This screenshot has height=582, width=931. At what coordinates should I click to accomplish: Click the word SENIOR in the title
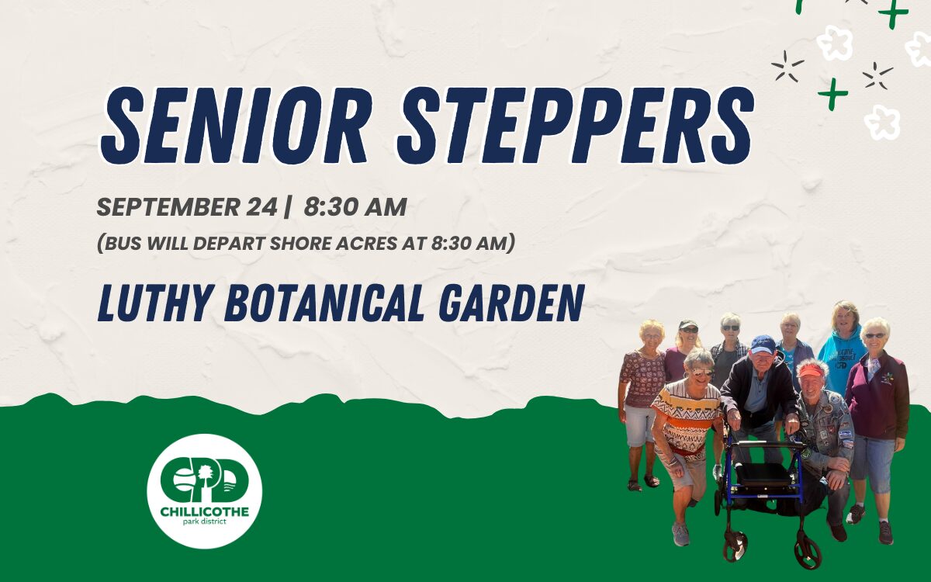(234, 125)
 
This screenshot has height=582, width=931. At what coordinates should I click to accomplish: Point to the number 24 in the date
(261, 207)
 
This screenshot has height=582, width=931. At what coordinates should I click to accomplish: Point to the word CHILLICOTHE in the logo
(205, 511)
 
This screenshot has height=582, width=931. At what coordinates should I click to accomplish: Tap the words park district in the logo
(205, 521)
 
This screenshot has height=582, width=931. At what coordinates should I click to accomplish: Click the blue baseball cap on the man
(763, 345)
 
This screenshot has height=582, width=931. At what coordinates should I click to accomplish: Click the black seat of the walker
(764, 474)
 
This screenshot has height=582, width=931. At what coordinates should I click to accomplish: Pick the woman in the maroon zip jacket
(877, 416)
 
